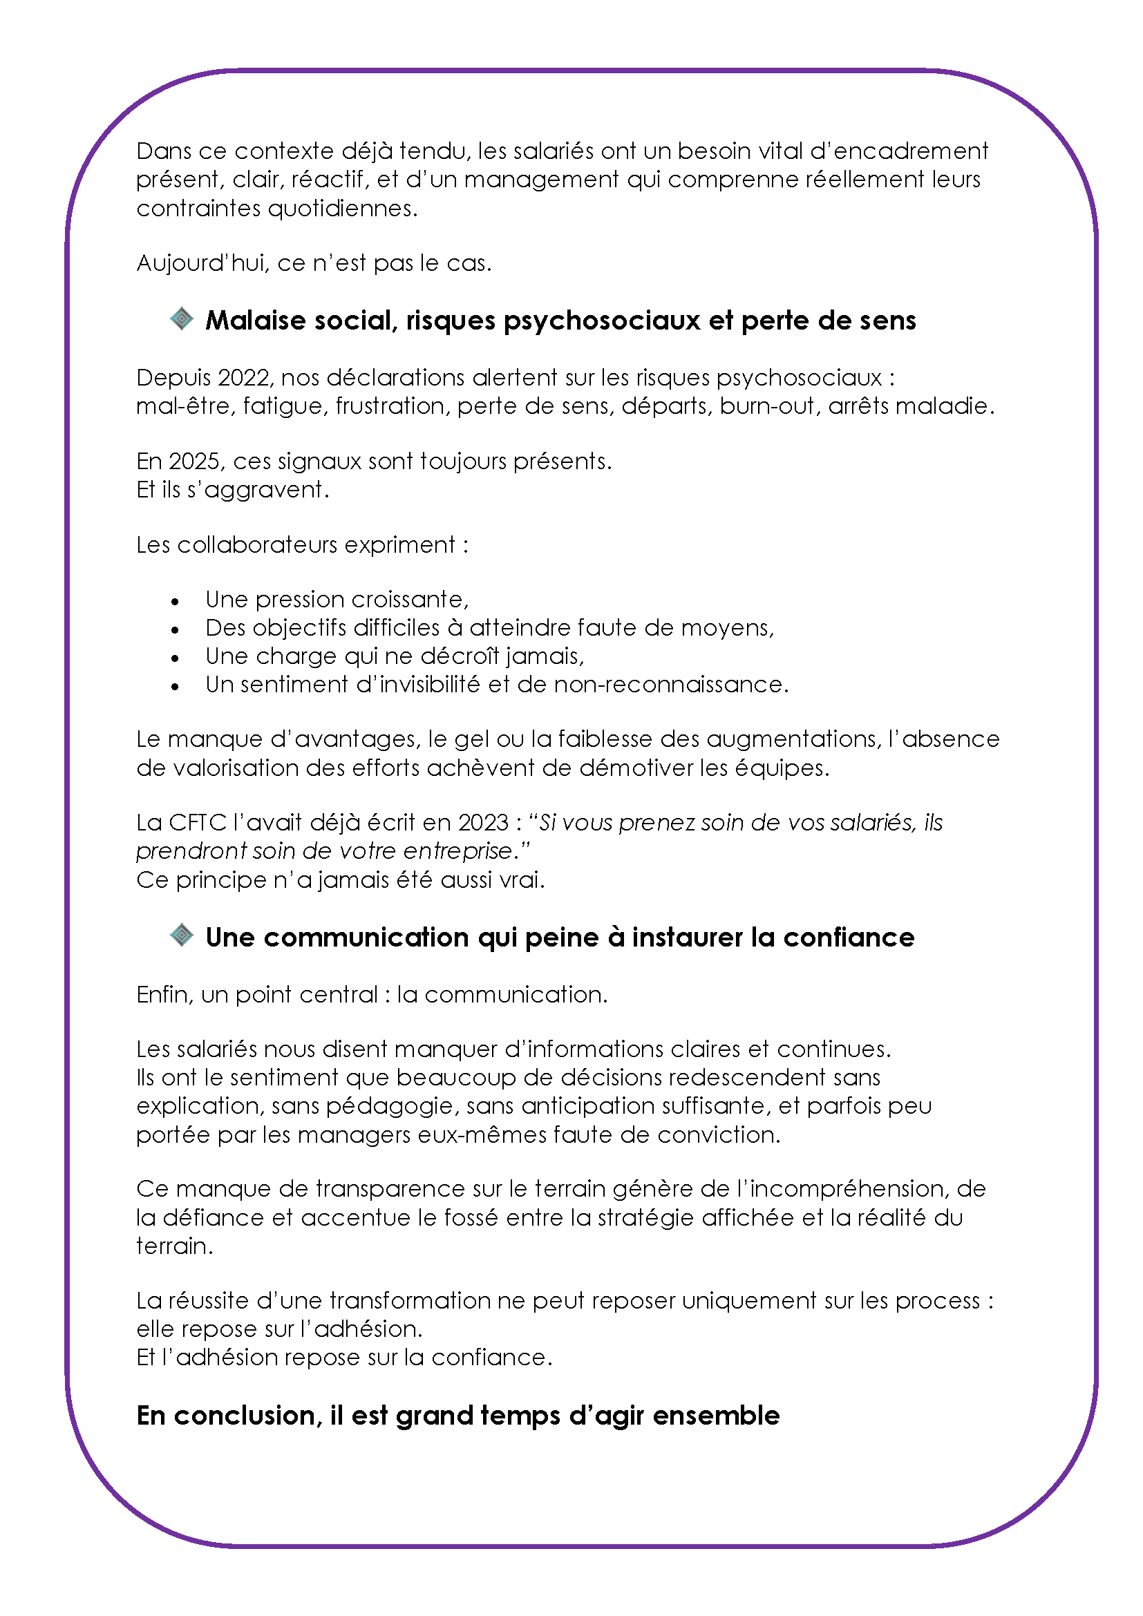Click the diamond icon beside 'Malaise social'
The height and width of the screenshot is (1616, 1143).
click(x=182, y=319)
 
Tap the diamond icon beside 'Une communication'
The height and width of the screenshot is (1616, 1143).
click(x=182, y=935)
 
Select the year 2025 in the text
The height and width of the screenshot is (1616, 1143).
click(x=194, y=462)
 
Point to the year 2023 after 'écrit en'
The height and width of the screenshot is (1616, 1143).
click(x=483, y=823)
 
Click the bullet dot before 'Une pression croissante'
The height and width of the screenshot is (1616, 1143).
click(x=175, y=602)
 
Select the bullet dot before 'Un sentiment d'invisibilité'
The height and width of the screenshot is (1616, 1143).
click(x=175, y=687)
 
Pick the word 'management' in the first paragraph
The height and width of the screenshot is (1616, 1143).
click(x=541, y=180)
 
